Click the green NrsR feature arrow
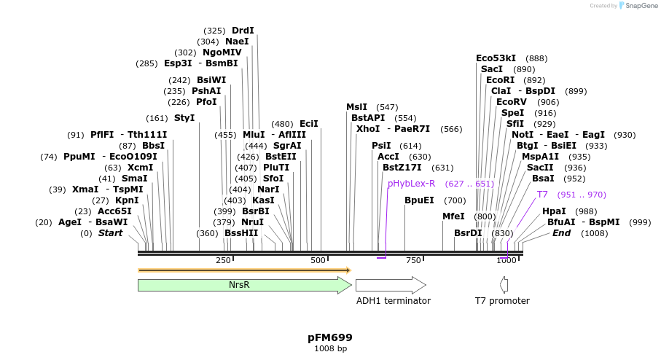pyautogui.click(x=244, y=285)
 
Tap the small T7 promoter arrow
pyautogui.click(x=504, y=285)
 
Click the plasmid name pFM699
pyautogui.click(x=330, y=337)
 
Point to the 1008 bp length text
pyautogui.click(x=330, y=349)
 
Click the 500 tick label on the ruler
pyautogui.click(x=318, y=260)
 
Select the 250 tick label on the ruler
pyautogui.click(x=223, y=260)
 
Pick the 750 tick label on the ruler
pyautogui.click(x=413, y=260)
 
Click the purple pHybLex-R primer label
pyautogui.click(x=411, y=184)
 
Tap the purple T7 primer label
pyautogui.click(x=542, y=195)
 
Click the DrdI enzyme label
pyautogui.click(x=243, y=31)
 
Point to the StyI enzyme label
pyautogui.click(x=184, y=118)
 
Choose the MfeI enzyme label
pyautogui.click(x=453, y=216)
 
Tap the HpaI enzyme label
pyautogui.click(x=554, y=211)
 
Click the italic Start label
pyautogui.click(x=110, y=233)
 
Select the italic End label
pyautogui.click(x=561, y=233)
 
